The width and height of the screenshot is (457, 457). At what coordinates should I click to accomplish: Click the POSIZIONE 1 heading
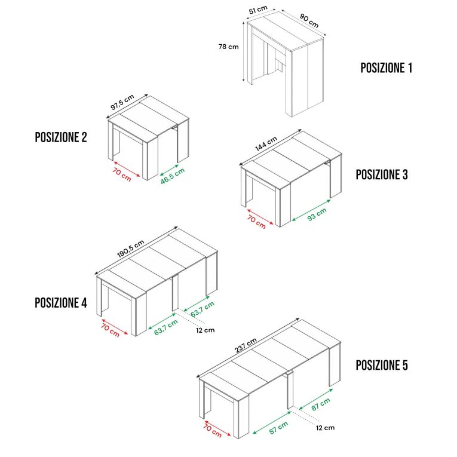(x=386, y=68)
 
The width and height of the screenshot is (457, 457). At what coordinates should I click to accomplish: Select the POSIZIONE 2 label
(x=61, y=137)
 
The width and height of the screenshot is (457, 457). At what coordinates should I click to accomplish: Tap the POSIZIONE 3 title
(x=382, y=174)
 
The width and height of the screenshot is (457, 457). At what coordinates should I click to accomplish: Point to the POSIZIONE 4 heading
(x=61, y=303)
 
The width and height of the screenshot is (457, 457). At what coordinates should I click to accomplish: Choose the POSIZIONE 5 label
(x=382, y=365)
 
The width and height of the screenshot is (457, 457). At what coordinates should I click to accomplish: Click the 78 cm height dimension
(x=228, y=47)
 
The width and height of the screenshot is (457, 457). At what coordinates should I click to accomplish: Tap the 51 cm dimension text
(x=258, y=10)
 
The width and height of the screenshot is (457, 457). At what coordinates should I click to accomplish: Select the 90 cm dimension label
(x=309, y=21)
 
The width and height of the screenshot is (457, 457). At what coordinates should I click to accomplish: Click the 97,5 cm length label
(x=122, y=102)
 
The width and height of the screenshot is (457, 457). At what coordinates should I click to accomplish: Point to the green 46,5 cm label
(x=173, y=176)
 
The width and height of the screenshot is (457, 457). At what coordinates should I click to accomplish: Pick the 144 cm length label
(x=266, y=144)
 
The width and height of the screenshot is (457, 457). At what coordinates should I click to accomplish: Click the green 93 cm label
(x=317, y=214)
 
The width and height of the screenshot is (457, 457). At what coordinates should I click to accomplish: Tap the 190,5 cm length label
(x=131, y=249)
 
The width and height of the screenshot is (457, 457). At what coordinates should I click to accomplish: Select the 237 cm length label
(x=246, y=345)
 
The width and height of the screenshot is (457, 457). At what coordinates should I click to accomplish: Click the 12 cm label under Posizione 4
(x=205, y=330)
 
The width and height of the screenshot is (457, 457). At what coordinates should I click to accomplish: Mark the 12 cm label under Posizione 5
(x=325, y=428)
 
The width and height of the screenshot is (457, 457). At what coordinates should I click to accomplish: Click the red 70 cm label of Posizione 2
(x=122, y=174)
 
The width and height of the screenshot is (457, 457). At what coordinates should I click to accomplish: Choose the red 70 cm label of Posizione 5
(x=213, y=431)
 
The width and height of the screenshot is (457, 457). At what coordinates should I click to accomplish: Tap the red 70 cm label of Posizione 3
(x=256, y=222)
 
